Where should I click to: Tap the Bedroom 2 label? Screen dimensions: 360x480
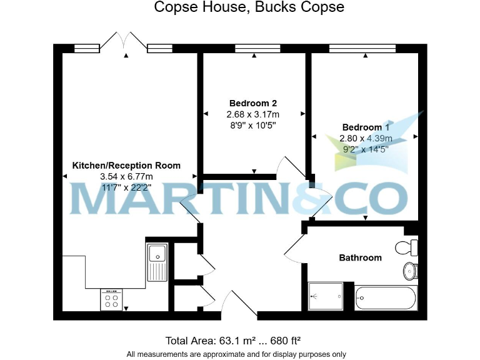click(252, 103)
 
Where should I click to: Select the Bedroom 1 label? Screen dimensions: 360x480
click(366, 127)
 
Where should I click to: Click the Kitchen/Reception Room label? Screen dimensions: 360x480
click(127, 166)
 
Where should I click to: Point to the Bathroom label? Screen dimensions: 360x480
click(360, 257)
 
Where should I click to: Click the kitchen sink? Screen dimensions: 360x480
click(156, 262)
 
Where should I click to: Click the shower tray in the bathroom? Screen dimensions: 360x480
click(326, 296)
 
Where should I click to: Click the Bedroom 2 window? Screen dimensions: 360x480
click(257, 47)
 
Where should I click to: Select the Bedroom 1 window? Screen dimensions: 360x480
click(362, 47)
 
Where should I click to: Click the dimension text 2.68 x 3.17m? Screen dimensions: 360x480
click(252, 115)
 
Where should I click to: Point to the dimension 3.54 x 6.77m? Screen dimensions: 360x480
click(127, 177)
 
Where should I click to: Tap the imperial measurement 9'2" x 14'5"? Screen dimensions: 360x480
click(366, 149)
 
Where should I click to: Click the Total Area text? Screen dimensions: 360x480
click(233, 341)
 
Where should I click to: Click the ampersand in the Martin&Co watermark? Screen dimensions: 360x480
click(311, 198)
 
